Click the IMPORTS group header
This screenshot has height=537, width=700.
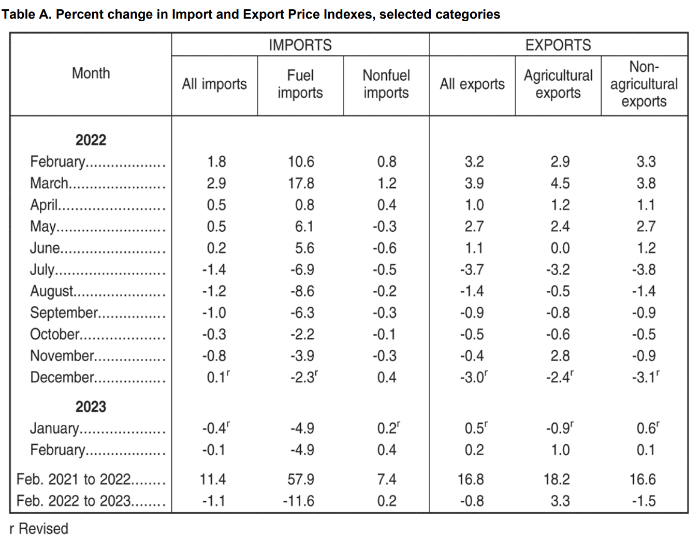tap(300, 45)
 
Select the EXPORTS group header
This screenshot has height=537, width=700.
tap(558, 45)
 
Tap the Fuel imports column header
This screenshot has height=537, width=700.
tap(300, 84)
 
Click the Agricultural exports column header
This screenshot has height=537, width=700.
tap(558, 84)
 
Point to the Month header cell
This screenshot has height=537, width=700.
tap(91, 73)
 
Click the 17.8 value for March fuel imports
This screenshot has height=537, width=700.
tap(301, 183)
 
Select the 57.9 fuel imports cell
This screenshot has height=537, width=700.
tap(301, 479)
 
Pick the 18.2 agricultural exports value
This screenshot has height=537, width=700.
tap(557, 479)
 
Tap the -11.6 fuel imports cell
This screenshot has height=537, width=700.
tap(299, 501)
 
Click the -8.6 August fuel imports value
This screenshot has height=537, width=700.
tap(302, 291)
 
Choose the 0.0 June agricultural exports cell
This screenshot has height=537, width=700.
tap(560, 248)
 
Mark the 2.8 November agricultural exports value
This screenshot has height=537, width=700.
tap(560, 356)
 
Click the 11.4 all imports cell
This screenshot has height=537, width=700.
tap(213, 479)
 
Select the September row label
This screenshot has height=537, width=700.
tap(64, 313)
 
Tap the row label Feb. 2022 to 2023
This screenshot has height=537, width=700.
tap(74, 501)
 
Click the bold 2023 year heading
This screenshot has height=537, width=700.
tap(91, 407)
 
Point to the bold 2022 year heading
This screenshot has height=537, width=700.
tap(91, 140)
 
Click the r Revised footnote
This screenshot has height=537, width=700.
tap(39, 529)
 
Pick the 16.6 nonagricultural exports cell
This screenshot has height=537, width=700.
tap(643, 479)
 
